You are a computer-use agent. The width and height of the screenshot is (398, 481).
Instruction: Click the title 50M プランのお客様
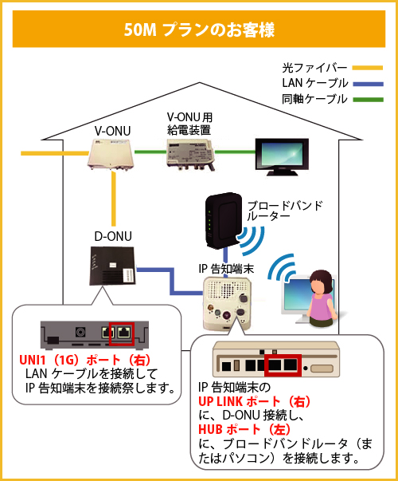click(199, 30)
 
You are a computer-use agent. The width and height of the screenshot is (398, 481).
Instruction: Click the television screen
click(277, 153)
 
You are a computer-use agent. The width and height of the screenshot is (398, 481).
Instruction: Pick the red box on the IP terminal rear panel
click(284, 365)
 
